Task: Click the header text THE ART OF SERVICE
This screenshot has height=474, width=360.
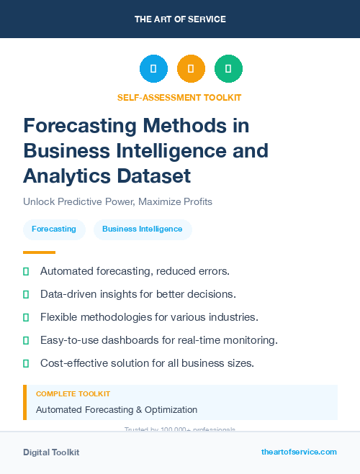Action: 180,19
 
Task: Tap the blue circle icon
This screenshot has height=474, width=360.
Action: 153,69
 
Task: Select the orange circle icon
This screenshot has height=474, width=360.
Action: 191,69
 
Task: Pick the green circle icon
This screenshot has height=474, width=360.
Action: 228,69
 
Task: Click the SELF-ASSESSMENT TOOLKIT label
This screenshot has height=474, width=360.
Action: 179,97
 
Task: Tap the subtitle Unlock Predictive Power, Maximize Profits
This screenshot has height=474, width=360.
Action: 117,201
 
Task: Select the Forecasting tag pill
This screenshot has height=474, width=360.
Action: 54,229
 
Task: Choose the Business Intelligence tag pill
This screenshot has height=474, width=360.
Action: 143,229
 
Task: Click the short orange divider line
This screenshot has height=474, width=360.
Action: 39,252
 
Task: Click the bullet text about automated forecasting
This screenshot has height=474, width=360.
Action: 135,271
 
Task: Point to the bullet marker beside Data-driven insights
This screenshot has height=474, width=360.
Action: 26,294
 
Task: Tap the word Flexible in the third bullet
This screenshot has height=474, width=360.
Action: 60,317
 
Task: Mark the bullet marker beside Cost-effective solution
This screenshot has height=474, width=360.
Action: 26,363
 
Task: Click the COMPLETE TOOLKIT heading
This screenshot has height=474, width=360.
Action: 73,394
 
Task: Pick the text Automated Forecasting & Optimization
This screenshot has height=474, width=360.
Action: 117,410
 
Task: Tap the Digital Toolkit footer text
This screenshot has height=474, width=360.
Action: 51,452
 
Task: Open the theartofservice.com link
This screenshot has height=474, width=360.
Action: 299,452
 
